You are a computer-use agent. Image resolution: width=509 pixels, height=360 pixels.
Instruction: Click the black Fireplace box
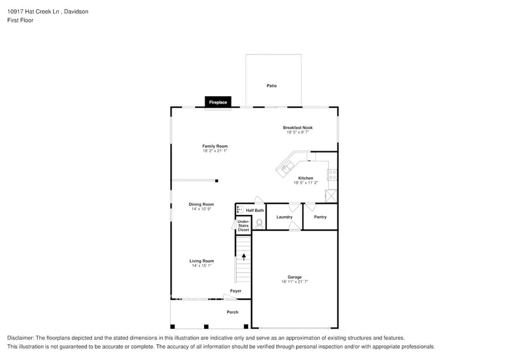point(218,102)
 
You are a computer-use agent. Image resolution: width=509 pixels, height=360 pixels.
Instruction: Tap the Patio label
point(271,86)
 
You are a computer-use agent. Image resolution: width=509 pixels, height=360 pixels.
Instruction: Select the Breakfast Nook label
point(297,128)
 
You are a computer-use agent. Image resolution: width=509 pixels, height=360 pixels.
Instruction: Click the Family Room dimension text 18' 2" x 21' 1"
point(215,151)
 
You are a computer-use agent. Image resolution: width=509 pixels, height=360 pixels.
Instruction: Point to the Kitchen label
point(306,178)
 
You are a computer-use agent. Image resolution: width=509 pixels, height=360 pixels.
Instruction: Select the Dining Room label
point(201,204)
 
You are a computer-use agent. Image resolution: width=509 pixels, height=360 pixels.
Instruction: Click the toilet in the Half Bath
point(259,223)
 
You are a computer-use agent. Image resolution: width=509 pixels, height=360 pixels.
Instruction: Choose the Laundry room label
point(284,217)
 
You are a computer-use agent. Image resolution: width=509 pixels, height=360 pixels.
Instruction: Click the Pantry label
point(320,217)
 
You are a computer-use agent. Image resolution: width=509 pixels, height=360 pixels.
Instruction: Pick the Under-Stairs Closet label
point(243,225)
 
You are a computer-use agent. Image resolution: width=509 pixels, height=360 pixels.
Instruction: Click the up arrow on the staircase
point(243,257)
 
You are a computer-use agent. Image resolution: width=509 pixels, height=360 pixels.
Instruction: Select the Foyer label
point(236,291)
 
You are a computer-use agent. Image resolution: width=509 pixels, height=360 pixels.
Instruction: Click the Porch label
point(233,312)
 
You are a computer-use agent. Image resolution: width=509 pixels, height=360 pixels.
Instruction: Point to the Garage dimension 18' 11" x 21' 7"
point(295,282)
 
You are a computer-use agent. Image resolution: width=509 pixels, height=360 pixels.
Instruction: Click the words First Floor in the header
point(20,20)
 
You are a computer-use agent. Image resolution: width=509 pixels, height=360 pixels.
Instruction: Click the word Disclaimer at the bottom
point(21,338)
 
